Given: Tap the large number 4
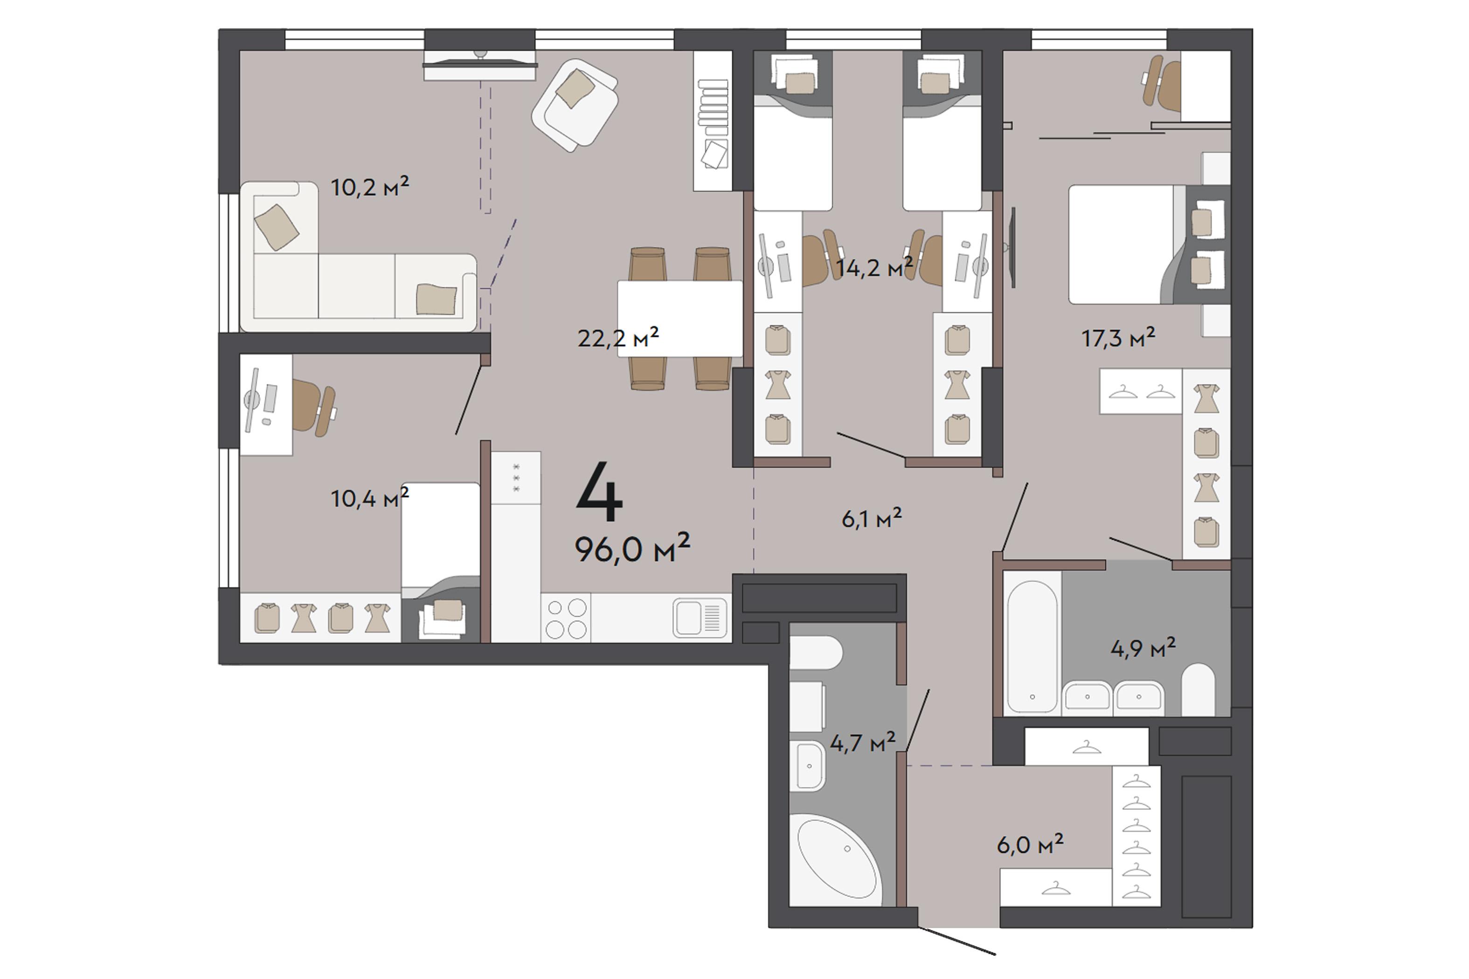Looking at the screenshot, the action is pos(599,492).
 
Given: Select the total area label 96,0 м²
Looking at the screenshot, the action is pos(632,548).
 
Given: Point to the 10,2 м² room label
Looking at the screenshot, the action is pos(370,187).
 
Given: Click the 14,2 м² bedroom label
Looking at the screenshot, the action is pos(874,267).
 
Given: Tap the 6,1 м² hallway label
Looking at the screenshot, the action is pos(872,518).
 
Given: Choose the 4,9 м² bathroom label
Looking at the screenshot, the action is pos(1143,648).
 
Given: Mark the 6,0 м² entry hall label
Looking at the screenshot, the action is pos(1030,845).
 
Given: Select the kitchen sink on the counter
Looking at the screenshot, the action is pos(700,618).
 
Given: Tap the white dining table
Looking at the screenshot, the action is pos(680,319).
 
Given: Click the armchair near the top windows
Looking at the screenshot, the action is pos(575,105).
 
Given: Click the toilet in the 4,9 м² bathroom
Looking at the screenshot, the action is pos(1198,689).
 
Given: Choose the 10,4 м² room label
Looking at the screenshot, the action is pos(370,498).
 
